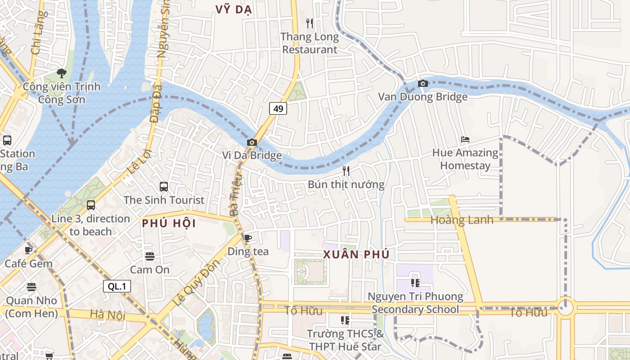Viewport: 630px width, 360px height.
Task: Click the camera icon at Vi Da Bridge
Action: pos(252,143)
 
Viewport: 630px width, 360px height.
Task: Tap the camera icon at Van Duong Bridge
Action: pos(423,83)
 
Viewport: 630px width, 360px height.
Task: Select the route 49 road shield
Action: pos(278,108)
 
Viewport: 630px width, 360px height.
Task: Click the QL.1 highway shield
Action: pos(117,286)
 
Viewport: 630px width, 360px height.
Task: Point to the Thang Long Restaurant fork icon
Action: pos(309,23)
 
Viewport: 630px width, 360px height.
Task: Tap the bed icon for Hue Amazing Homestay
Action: pos(465,139)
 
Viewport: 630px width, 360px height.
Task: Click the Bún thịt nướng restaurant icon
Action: pos(346,171)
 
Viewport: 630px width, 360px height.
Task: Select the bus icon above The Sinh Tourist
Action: pos(164,186)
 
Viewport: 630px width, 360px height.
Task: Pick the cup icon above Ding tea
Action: pos(247,238)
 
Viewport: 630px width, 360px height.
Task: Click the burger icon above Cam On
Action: pos(150,256)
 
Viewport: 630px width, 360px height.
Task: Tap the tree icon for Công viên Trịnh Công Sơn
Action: pos(62,73)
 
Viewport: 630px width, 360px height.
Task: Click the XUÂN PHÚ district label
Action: pos(356,254)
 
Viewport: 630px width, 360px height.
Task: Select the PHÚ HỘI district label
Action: pos(169,223)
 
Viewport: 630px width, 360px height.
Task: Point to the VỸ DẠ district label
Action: pos(234,10)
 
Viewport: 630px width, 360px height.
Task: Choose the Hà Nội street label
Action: pos(108,315)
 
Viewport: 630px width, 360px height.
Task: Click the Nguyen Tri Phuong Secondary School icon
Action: pos(415,283)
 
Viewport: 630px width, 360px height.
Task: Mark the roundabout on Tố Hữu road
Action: pos(565,308)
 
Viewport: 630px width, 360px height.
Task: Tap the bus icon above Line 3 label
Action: pos(91,205)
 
